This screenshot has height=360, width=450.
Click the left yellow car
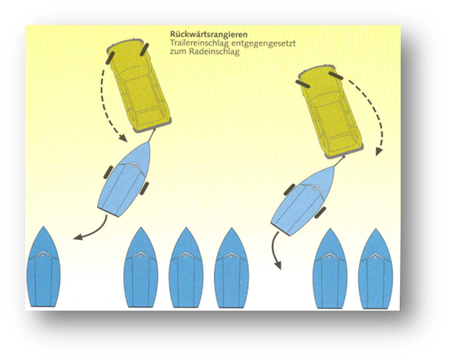click(x=139, y=85)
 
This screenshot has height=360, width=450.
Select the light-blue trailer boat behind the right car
click(x=303, y=201)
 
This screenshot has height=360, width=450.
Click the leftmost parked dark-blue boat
click(x=43, y=267)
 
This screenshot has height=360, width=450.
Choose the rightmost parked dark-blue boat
click(x=376, y=269)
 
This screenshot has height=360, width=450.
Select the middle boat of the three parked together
click(x=186, y=268)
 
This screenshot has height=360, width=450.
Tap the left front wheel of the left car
click(x=110, y=58)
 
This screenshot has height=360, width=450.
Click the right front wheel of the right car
click(x=336, y=75)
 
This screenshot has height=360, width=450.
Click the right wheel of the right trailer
click(x=320, y=213)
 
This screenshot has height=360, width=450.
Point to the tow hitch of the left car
click(x=152, y=135)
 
